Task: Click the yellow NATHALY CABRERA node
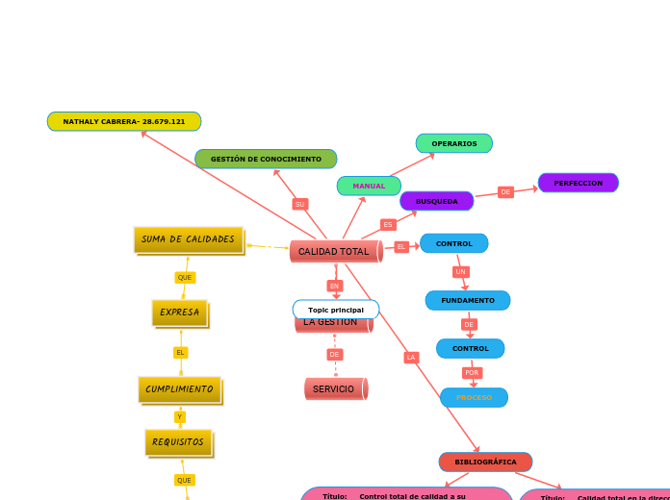(x=124, y=121)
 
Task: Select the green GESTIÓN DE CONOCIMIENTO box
(x=266, y=159)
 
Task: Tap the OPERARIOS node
(x=454, y=143)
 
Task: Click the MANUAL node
(x=369, y=186)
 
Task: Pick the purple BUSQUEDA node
(x=437, y=201)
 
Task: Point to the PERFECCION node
(x=578, y=183)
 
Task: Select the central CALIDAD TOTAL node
(x=334, y=251)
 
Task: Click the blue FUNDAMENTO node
(x=468, y=301)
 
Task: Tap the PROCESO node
(x=474, y=397)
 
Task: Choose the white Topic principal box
(x=336, y=310)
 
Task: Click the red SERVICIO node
(x=334, y=388)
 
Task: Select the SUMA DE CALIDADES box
(x=188, y=239)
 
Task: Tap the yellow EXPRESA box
(x=179, y=312)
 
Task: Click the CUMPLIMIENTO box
(x=179, y=389)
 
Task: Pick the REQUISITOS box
(x=178, y=442)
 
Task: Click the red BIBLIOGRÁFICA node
(x=485, y=462)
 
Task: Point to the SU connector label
(x=300, y=204)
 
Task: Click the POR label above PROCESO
(x=472, y=372)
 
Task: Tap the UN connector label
(x=461, y=272)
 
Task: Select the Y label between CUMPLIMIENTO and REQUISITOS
(x=180, y=416)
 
